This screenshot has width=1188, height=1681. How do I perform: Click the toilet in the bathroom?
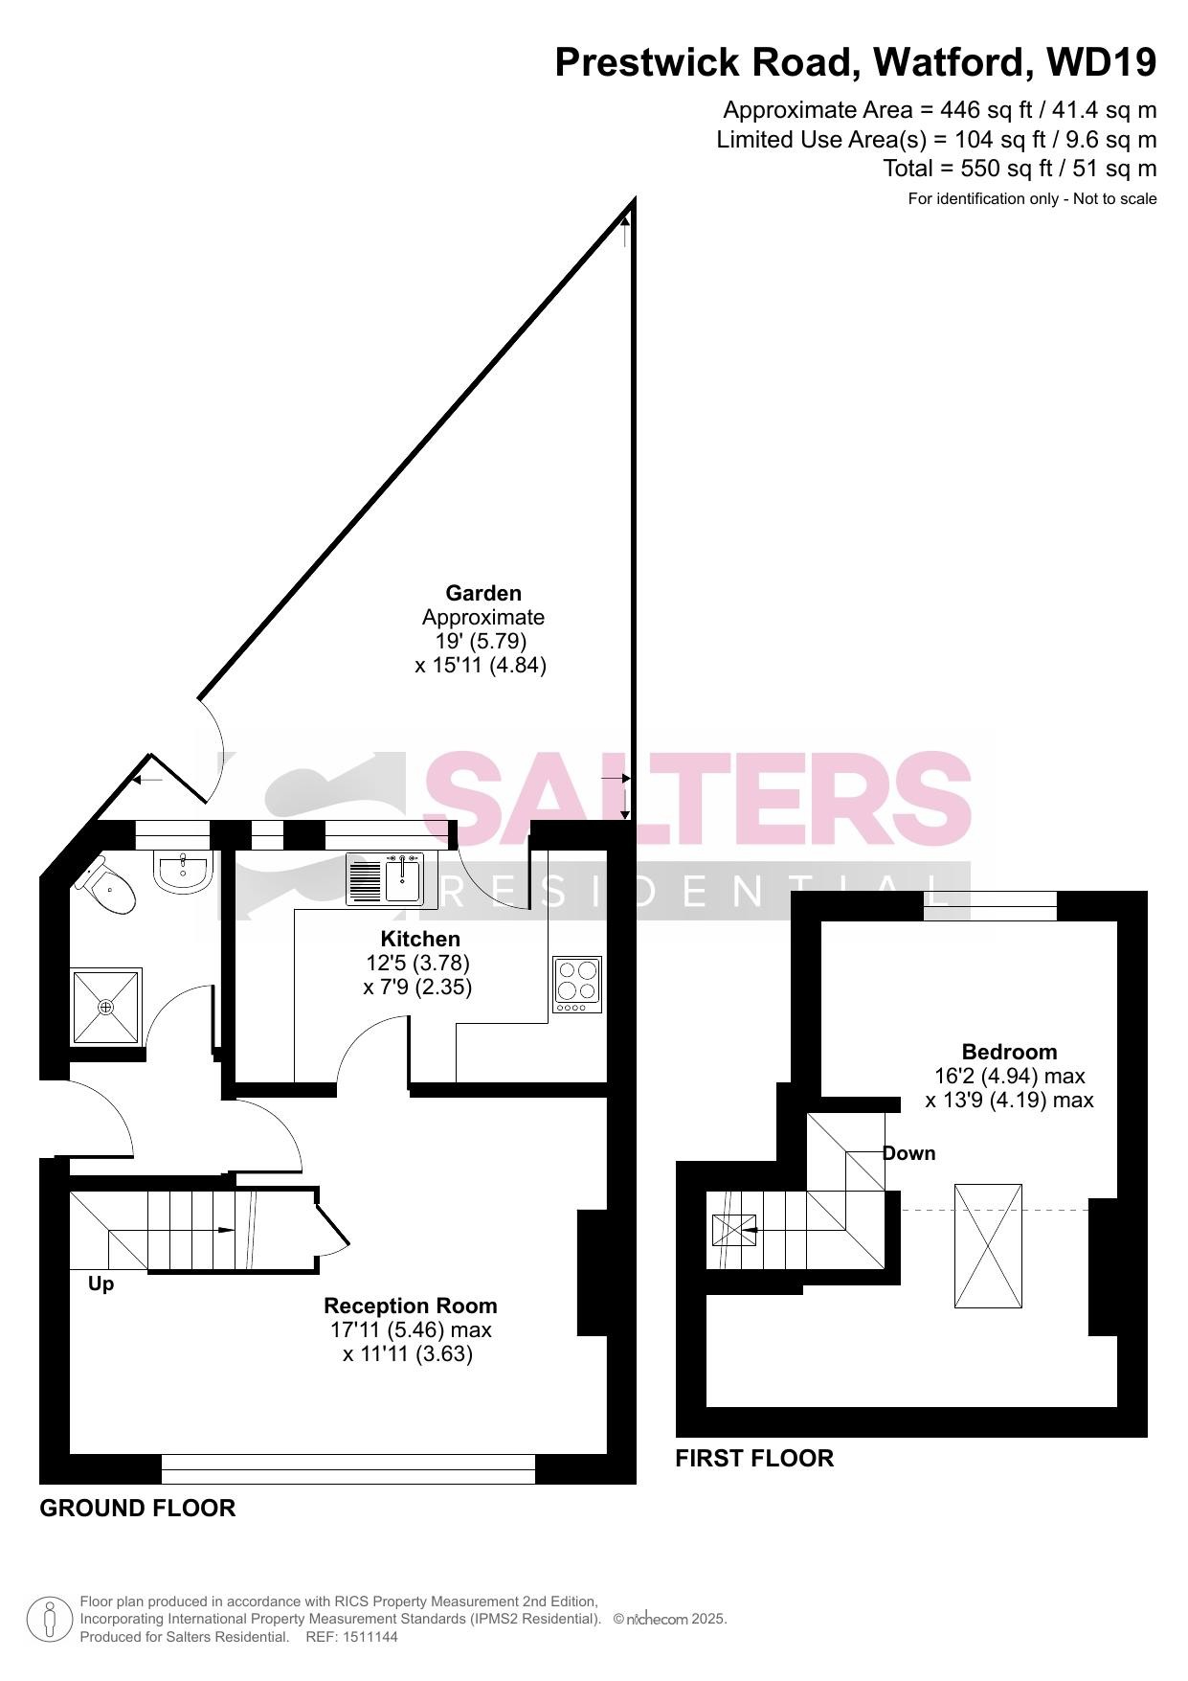coord(104,886)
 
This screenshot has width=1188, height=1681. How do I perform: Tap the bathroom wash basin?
coord(182,873)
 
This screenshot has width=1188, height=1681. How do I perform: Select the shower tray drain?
coord(106,1007)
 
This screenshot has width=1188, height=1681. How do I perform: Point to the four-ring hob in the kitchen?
coord(577,985)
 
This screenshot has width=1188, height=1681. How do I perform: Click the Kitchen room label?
coord(420,939)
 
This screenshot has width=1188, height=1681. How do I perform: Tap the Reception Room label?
coord(411,1306)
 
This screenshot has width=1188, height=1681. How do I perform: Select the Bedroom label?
coord(1010,1052)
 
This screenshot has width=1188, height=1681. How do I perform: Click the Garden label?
coord(483,593)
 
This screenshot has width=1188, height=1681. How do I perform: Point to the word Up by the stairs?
coord(101,1284)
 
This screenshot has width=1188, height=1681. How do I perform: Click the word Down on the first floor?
coord(909,1153)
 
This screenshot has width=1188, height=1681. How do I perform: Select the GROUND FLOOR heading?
coord(138,1509)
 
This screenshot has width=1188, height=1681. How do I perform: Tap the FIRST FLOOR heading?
coord(754,1459)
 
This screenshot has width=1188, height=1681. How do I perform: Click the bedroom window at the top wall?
coord(991,905)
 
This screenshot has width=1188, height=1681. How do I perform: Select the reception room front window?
coord(348,1469)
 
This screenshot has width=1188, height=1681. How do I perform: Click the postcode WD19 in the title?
coord(1102,62)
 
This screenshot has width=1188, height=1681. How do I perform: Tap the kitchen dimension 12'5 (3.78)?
coord(418,963)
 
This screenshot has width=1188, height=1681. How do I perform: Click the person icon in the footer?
coord(49,1620)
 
